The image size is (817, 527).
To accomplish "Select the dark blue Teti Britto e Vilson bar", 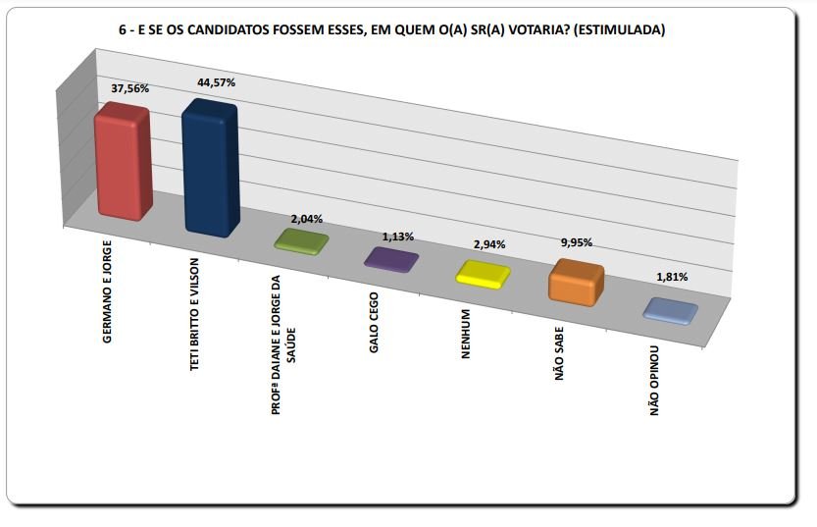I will tap(209, 169).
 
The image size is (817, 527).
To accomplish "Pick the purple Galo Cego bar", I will tap(391, 258).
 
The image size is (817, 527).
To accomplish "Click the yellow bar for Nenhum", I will tap(483, 272).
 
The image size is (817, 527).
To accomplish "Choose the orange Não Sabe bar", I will tap(576, 283).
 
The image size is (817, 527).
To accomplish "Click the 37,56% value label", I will tap(130, 87).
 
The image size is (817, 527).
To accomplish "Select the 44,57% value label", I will tap(217, 83).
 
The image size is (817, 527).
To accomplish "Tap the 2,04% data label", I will tap(306, 219).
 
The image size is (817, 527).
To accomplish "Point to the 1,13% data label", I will tap(397, 237).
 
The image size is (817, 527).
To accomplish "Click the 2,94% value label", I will tap(488, 244).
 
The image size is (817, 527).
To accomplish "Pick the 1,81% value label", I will tap(671, 277).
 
